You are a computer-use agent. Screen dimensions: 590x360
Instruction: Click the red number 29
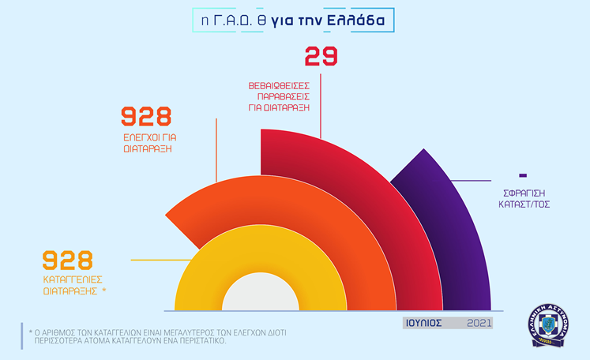tap(321, 56)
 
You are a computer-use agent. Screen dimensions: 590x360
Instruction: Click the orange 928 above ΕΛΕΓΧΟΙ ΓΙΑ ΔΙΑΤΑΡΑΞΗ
tap(146, 116)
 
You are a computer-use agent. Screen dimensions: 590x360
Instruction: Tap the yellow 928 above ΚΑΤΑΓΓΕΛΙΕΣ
tap(67, 261)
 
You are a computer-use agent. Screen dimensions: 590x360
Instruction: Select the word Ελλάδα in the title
tap(355, 21)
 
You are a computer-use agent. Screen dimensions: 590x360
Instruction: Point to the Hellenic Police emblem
tap(548, 325)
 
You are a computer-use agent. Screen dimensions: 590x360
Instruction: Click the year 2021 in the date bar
tap(479, 323)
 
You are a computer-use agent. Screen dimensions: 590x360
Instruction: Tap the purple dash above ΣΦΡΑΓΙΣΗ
tap(523, 175)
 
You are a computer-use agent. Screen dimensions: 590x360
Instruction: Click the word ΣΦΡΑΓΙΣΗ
tap(524, 193)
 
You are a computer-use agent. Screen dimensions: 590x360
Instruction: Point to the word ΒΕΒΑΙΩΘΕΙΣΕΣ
tap(279, 86)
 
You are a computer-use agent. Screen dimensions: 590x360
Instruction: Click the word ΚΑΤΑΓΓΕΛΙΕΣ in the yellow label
tap(73, 280)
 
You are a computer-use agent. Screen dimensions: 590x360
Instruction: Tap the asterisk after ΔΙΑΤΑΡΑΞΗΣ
tap(103, 290)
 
